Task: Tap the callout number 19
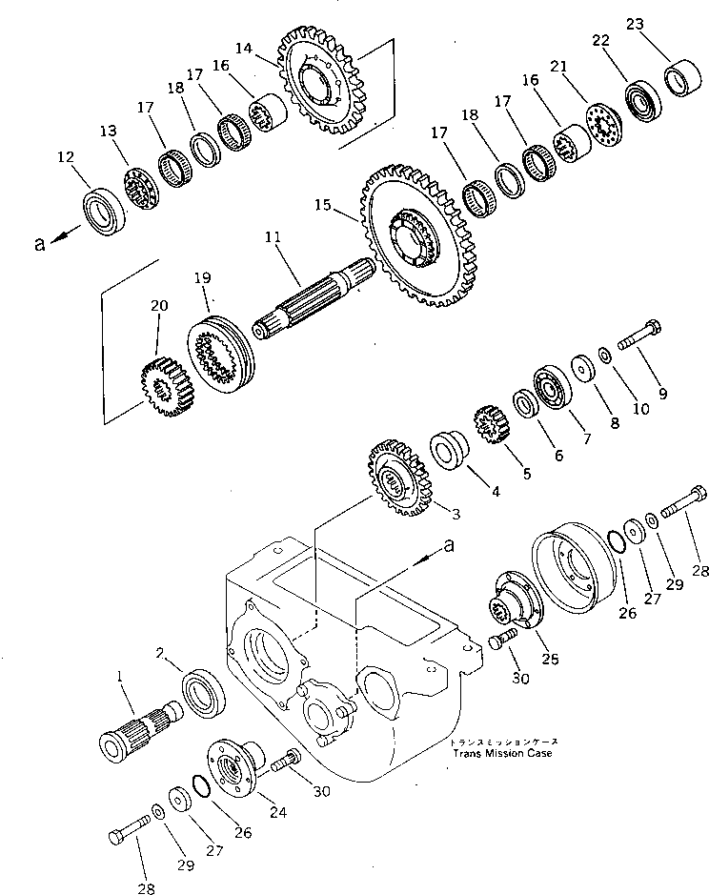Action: [x=201, y=278]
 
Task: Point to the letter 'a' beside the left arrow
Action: [x=39, y=244]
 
